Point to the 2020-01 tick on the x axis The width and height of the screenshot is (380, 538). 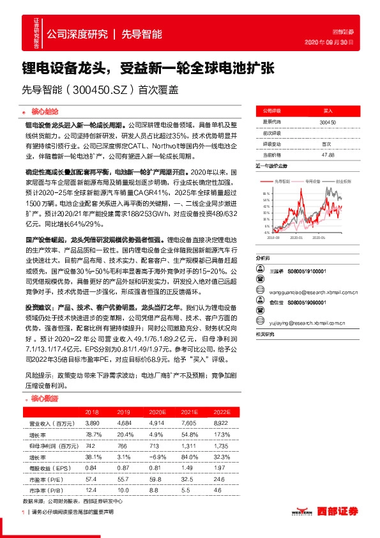point(296,236)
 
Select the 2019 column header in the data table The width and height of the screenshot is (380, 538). point(124,413)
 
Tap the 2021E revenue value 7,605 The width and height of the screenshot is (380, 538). point(188,424)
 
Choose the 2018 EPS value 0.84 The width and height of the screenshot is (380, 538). point(91,467)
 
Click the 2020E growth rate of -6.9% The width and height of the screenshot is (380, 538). point(156,456)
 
